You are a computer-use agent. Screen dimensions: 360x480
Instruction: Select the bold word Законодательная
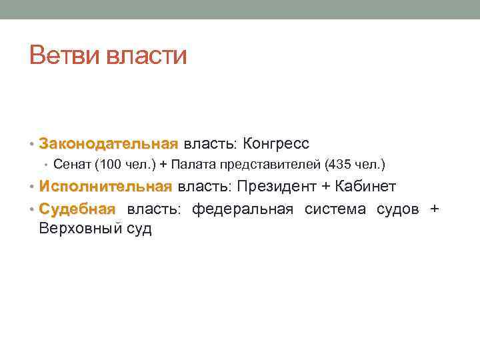point(109,143)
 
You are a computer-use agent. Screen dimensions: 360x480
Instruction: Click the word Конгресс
point(276,143)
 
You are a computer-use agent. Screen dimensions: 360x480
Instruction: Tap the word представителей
point(266,164)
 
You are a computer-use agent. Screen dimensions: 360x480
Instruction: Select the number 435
point(338,164)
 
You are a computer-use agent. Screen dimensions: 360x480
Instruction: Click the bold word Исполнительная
point(105,186)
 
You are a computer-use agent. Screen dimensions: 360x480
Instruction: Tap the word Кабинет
point(365,186)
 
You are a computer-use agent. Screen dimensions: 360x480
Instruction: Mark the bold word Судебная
point(77,209)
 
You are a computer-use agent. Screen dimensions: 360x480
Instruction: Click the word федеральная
point(243,209)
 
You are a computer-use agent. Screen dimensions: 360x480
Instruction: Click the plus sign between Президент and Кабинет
point(326,187)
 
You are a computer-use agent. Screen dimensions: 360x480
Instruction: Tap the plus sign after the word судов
point(435,209)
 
